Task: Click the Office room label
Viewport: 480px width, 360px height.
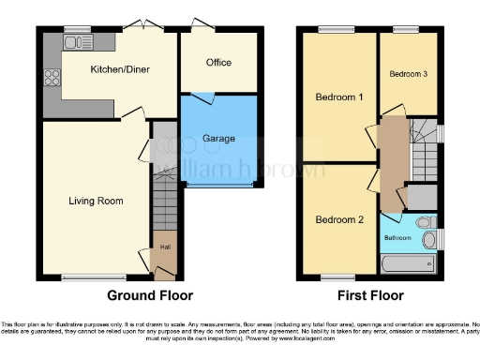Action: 217,63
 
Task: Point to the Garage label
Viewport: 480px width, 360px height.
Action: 218,139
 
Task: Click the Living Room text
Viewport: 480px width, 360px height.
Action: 96,201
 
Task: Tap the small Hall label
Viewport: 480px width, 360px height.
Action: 165,247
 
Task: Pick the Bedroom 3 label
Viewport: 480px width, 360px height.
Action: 408,74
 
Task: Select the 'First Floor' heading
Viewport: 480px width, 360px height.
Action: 372,295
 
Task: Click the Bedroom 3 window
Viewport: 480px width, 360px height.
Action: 406,29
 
